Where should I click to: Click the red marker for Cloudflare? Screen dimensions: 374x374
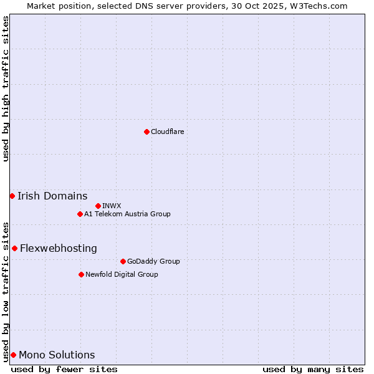pos(146,132)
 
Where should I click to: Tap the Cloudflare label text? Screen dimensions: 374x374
pos(167,132)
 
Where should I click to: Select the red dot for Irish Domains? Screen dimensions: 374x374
pos(12,196)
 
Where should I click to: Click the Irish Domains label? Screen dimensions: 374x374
pos(52,196)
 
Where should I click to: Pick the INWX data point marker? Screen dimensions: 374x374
pos(98,206)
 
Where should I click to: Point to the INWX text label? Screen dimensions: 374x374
pos(112,206)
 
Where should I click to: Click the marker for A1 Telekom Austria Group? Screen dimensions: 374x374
pos(80,214)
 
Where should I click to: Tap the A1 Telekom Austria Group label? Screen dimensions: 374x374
pos(127,214)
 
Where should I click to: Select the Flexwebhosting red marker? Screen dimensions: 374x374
pos(14,249)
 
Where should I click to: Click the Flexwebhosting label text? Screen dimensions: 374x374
pos(59,249)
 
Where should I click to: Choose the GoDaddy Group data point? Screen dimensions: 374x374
pos(123,261)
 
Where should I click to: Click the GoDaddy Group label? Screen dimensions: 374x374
pos(153,261)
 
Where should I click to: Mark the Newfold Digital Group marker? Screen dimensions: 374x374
pos(81,274)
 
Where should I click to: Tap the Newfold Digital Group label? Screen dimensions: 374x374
pos(122,274)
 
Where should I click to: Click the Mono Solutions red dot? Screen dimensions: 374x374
pos(13,355)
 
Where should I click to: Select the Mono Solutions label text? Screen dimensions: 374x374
pos(57,355)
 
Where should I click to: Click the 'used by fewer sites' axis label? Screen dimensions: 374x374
pos(64,370)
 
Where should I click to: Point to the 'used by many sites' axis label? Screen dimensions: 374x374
pos(313,370)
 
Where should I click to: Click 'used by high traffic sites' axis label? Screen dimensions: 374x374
pos(6,89)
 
